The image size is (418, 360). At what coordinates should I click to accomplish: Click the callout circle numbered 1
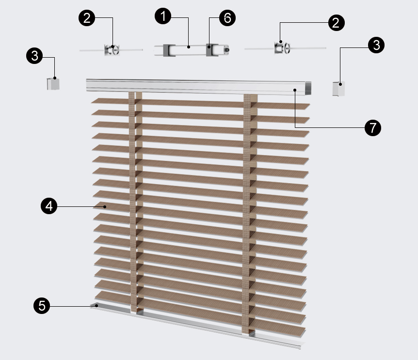tap(163, 16)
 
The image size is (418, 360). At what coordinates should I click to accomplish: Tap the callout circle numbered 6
tap(227, 18)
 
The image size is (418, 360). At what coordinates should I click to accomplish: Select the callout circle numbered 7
tap(373, 128)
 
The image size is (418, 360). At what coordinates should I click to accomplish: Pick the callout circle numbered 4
tap(49, 206)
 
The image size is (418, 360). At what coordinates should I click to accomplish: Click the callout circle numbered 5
tap(42, 305)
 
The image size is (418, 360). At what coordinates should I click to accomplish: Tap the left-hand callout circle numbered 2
tap(87, 18)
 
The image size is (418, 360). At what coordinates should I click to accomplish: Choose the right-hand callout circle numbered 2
tap(337, 23)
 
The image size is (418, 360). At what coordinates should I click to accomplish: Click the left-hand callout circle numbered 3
tap(34, 56)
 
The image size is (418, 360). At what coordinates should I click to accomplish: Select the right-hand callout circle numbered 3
tap(376, 45)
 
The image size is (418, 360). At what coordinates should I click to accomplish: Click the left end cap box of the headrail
tap(53, 84)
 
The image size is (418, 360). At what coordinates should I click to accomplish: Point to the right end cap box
tap(338, 89)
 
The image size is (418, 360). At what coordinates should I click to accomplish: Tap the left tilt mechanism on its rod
tap(112, 50)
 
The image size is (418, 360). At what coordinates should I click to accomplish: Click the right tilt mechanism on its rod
tap(282, 48)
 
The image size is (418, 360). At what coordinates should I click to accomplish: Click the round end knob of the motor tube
tap(226, 50)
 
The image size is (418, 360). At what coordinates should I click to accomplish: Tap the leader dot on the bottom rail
tap(97, 306)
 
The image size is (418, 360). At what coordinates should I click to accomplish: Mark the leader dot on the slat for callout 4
tap(105, 206)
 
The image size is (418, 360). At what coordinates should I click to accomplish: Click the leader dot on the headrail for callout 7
tap(295, 90)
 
